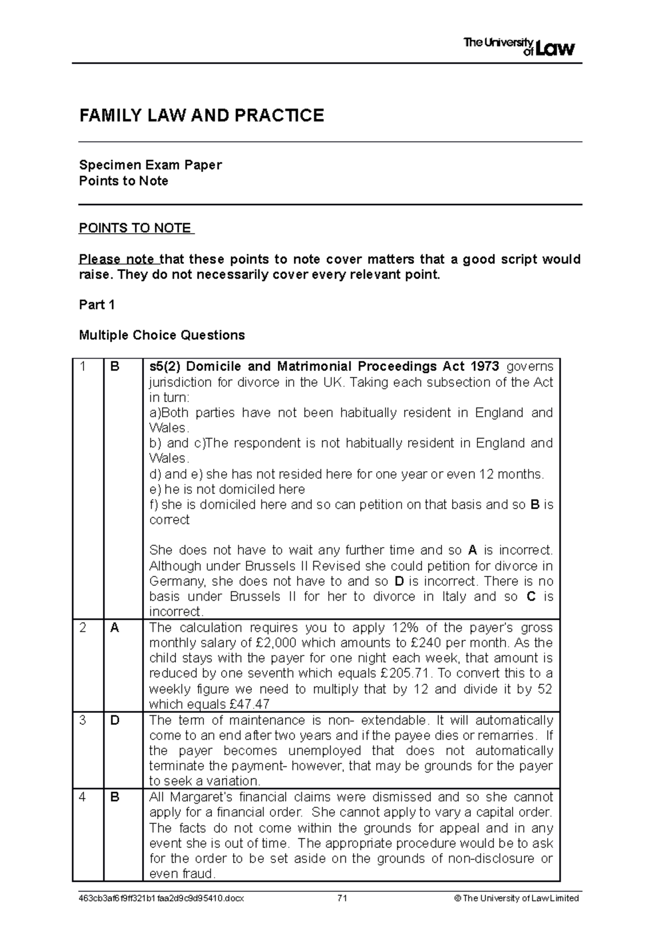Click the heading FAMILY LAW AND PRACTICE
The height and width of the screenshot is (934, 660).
point(201,116)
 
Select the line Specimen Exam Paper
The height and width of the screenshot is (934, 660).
point(150,165)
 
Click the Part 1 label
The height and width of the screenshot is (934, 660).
point(97,305)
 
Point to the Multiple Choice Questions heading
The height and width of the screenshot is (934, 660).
point(162,335)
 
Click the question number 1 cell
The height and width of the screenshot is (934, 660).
point(83,367)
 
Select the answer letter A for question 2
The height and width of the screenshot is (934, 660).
point(114,628)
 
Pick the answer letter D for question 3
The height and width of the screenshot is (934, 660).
point(114,721)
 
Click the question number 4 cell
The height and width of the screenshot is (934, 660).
point(83,797)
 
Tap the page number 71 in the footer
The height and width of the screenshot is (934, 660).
point(343,899)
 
